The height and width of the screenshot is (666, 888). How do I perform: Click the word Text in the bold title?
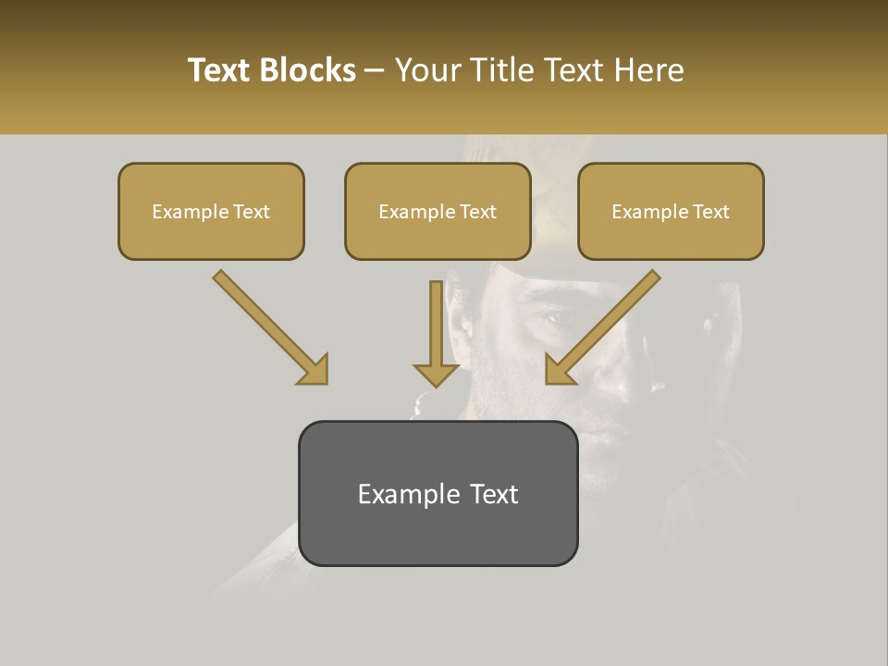click(219, 70)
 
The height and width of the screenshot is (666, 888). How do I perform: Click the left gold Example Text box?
click(211, 212)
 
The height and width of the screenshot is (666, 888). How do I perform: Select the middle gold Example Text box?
click(438, 212)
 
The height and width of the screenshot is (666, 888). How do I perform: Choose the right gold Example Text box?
click(671, 212)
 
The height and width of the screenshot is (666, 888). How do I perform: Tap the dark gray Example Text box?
click(438, 493)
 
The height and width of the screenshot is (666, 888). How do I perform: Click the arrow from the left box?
click(269, 326)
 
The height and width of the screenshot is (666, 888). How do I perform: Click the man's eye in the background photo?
click(550, 316)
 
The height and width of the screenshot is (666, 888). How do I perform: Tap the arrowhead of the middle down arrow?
click(436, 374)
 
